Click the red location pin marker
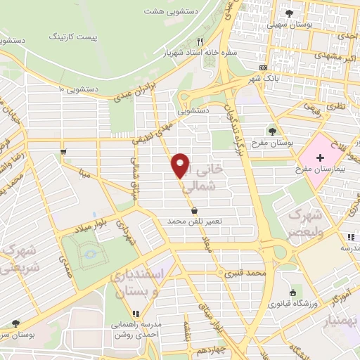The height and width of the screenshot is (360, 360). pyautogui.click(x=181, y=165)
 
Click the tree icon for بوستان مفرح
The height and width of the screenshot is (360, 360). pyautogui.click(x=272, y=131)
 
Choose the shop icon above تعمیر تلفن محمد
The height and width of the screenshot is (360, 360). pyautogui.click(x=193, y=210)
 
